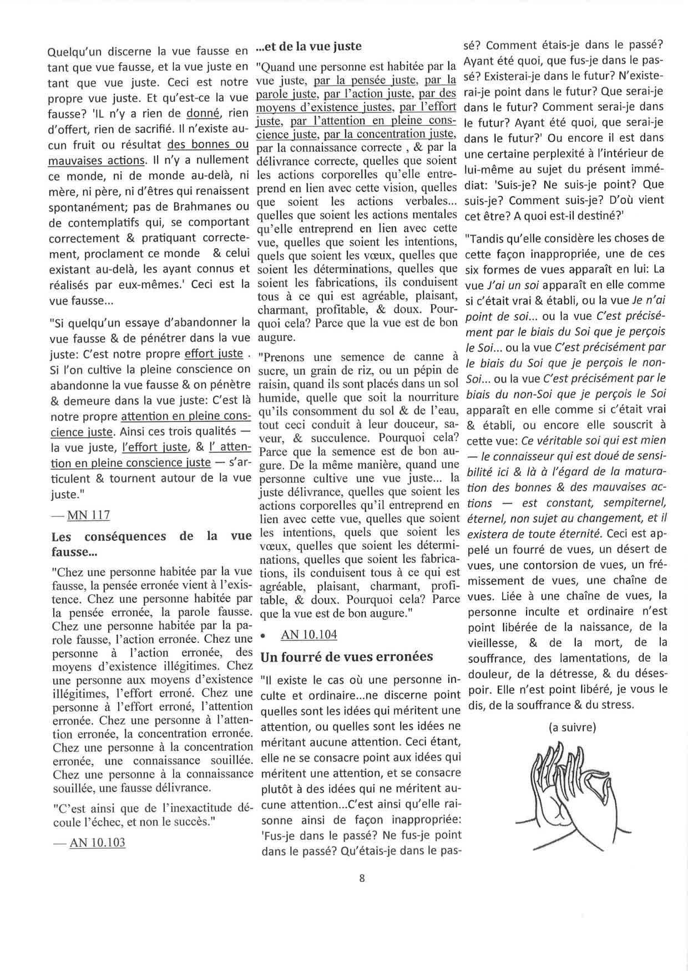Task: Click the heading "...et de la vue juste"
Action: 308,47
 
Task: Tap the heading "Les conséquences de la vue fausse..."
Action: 151,544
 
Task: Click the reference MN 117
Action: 88,515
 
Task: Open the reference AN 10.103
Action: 98,843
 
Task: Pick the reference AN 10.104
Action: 309,635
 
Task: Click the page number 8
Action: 362,877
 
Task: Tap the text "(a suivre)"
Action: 571,727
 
